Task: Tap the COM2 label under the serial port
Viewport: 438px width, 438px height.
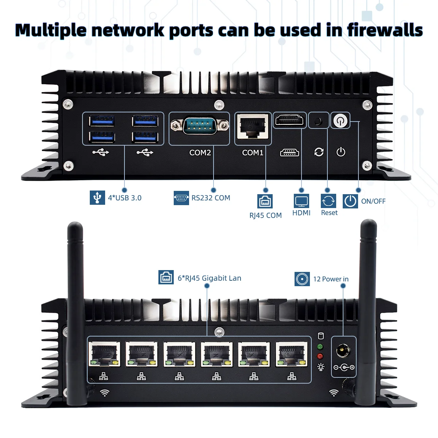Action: tap(200, 153)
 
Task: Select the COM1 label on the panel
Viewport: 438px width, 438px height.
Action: tap(253, 153)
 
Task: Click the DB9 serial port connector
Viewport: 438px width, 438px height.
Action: tap(199, 126)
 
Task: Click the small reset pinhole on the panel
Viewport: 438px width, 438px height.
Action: tap(319, 120)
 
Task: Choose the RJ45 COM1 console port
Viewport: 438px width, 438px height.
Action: tap(253, 126)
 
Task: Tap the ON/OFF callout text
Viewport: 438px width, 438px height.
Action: tap(373, 201)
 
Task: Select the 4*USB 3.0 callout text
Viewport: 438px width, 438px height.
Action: tap(124, 198)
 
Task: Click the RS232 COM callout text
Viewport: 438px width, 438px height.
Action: tap(211, 198)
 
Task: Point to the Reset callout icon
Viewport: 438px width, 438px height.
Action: tap(328, 201)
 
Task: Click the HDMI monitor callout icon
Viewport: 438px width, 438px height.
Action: tap(301, 201)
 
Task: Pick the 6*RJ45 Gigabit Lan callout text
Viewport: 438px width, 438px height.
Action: tap(209, 278)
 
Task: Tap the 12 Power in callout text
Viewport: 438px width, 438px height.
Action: tap(331, 279)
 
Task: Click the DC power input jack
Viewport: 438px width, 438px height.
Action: tap(343, 351)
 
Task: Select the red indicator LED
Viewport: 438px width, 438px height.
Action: tap(320, 356)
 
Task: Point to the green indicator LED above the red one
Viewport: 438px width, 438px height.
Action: tap(320, 346)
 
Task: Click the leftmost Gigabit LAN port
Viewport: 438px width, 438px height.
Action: tap(105, 354)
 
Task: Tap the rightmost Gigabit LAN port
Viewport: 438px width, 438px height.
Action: tap(291, 354)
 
